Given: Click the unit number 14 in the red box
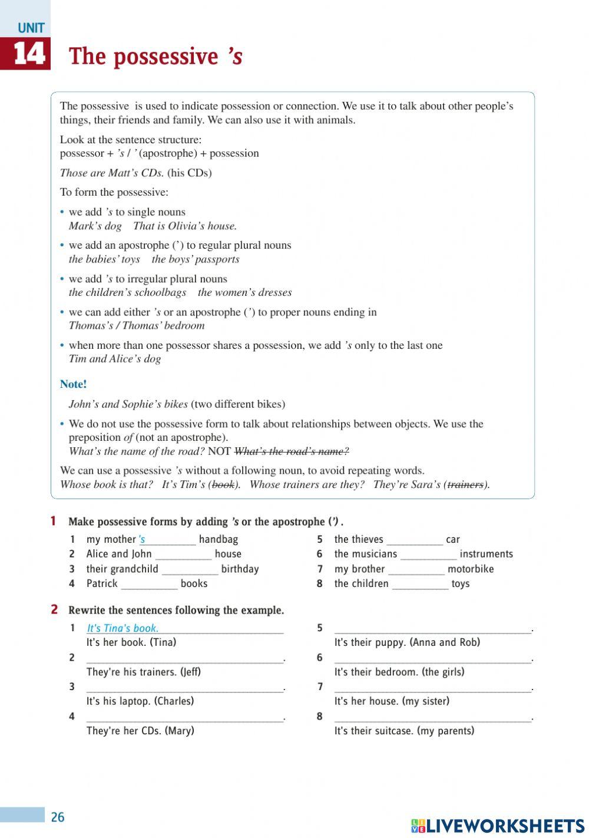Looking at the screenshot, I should (x=28, y=54).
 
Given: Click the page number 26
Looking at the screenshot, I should (x=58, y=817).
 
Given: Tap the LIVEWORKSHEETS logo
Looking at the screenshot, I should (x=498, y=825).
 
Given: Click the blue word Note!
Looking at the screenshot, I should (x=73, y=384).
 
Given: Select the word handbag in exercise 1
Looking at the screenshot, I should (x=219, y=539).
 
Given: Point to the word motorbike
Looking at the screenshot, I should (x=471, y=569).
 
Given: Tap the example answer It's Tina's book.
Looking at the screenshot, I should (x=123, y=628).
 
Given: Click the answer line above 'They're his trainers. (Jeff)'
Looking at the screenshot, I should (x=184, y=659).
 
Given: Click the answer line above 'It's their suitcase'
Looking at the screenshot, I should (x=432, y=718).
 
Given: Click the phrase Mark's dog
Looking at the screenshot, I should (x=95, y=226).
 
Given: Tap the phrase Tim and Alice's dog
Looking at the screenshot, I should (x=115, y=359).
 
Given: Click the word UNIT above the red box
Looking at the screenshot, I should (x=31, y=28).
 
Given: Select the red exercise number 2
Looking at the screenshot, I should (x=54, y=609).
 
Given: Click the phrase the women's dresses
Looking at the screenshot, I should (x=244, y=292).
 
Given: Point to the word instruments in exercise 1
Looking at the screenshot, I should (x=486, y=554).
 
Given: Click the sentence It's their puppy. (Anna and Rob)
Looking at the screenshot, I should (x=407, y=642).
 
